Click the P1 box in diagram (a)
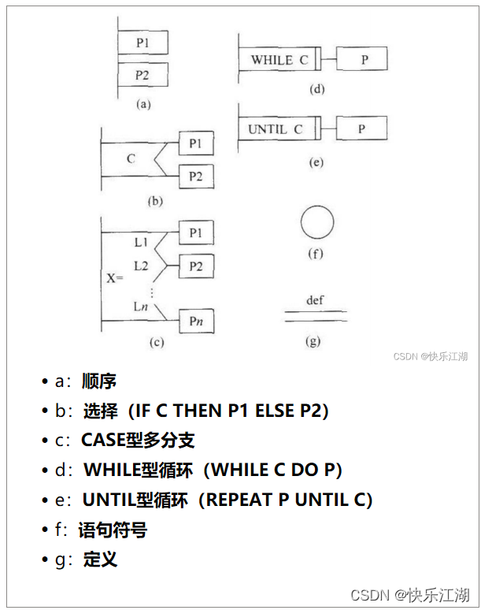tap(142, 43)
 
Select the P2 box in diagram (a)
tap(142, 75)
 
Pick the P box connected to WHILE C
tap(363, 60)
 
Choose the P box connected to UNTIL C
tap(363, 128)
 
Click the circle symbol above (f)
tap(316, 221)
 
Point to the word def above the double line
tap(315, 300)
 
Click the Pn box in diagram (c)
tap(196, 322)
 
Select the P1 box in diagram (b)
tap(196, 143)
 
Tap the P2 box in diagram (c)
tap(196, 266)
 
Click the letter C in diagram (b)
tap(131, 159)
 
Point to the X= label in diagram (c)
tap(115, 278)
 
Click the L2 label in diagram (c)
tap(140, 266)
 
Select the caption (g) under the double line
tap(315, 341)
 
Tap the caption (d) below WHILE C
tap(316, 89)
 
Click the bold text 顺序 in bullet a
tap(99, 381)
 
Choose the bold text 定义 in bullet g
tap(100, 560)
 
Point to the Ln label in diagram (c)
tap(140, 307)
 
